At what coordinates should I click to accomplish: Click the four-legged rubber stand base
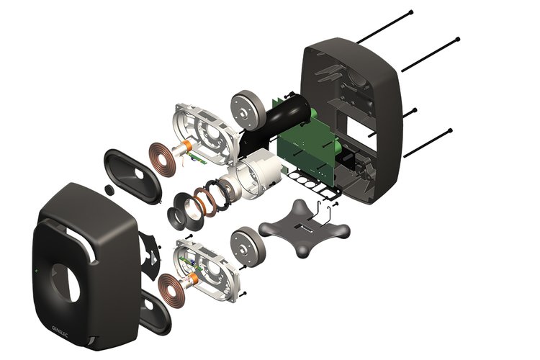(304, 229)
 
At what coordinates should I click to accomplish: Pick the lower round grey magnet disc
(248, 247)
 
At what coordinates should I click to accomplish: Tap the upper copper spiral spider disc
(162, 157)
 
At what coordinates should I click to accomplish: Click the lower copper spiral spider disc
(171, 289)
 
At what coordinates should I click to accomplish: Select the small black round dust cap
(110, 190)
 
